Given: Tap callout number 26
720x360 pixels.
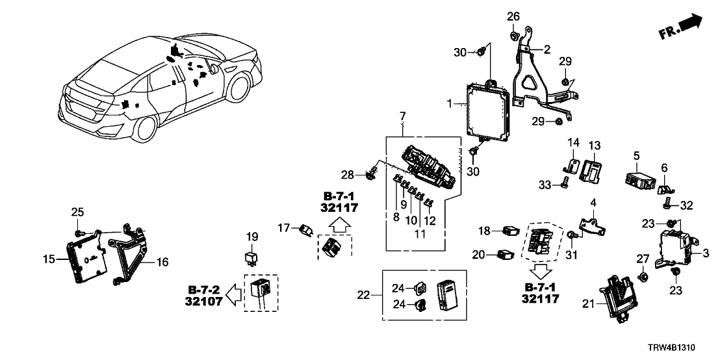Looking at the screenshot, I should [513, 16].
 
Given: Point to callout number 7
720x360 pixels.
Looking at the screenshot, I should [403, 117].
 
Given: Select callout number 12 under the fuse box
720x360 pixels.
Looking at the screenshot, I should [430, 220].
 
